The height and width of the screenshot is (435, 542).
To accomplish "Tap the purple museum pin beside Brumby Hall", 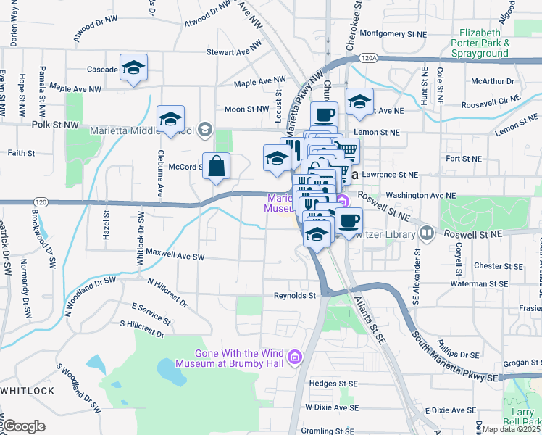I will point(294,357).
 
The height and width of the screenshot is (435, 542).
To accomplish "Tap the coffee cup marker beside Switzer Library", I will point(349,221).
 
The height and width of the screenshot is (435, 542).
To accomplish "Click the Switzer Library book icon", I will point(427,233).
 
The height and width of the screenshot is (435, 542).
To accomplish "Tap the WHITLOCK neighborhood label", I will point(27,391).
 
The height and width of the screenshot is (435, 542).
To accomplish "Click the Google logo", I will point(23,426).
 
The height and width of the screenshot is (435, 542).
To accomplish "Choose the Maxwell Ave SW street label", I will point(175,257).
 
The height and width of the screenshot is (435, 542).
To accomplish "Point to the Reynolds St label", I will point(295,296).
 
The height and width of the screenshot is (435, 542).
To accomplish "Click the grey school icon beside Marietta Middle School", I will point(205,130).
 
